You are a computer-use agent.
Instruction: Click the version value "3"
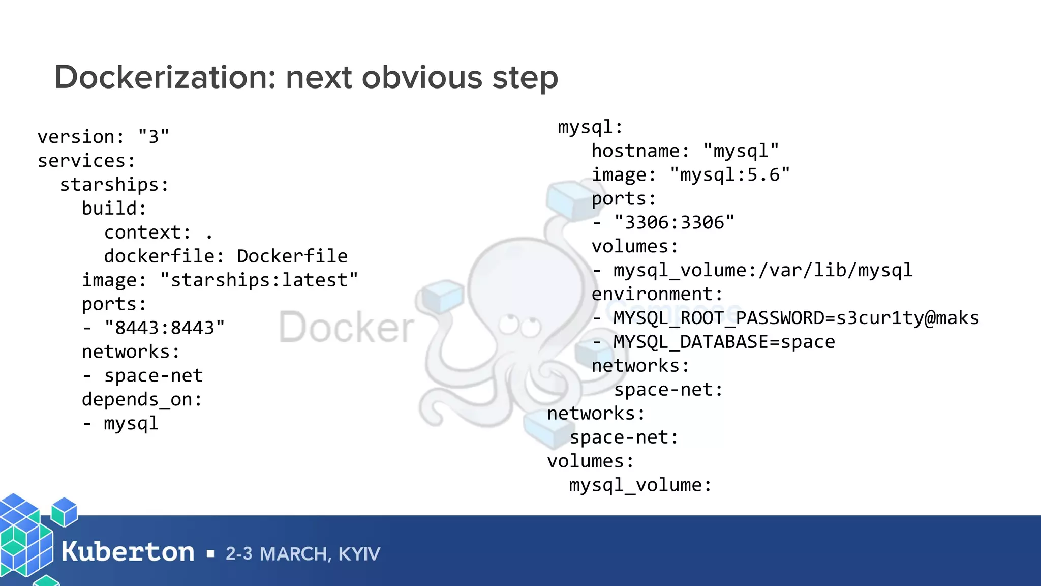point(154,137)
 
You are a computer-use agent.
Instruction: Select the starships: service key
point(114,185)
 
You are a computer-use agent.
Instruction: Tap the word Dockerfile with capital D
point(292,256)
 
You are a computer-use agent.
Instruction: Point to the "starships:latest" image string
point(259,280)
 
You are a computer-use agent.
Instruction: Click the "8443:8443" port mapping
point(165,328)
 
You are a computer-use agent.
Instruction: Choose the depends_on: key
point(142,400)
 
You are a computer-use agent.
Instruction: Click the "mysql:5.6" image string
point(730,175)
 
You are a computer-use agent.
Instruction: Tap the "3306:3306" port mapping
point(674,223)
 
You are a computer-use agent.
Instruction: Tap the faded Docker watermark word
point(347,327)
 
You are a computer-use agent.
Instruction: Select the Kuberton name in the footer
point(128,552)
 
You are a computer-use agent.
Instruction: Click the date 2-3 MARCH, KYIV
point(303,554)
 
